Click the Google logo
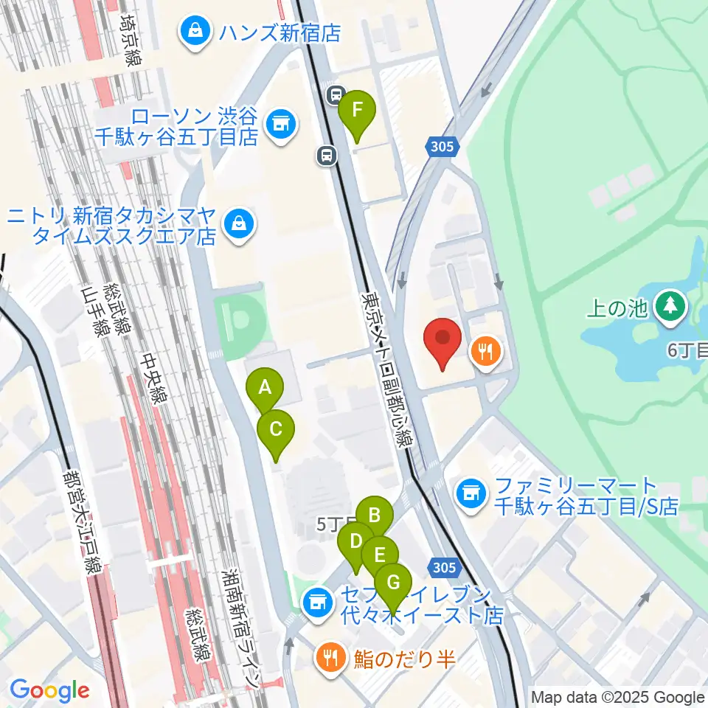(x=49, y=690)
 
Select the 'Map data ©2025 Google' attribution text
(x=618, y=697)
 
